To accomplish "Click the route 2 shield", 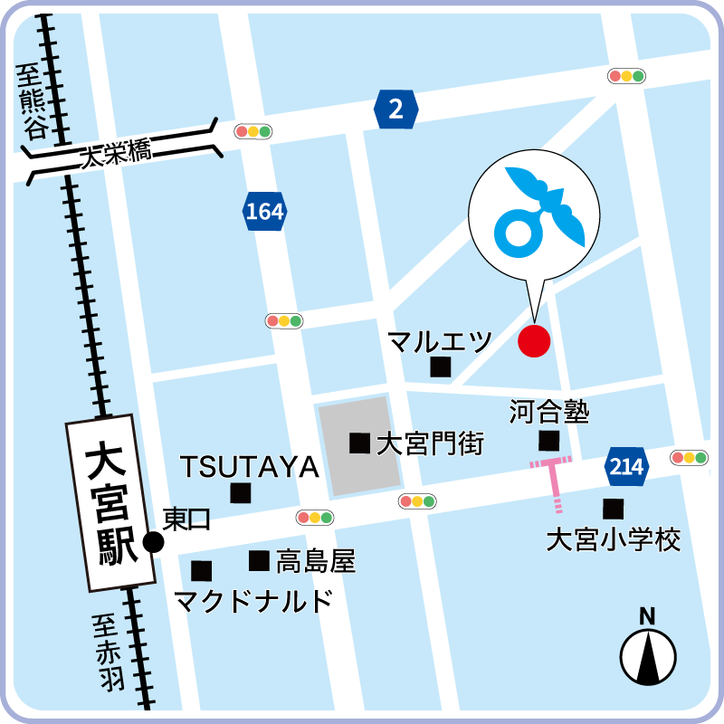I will [395, 110].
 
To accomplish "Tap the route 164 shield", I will [264, 212].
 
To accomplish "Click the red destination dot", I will [534, 341].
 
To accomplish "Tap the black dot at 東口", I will [154, 542].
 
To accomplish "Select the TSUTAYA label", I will [250, 467].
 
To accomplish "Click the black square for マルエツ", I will [441, 367].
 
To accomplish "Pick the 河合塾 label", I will [548, 414].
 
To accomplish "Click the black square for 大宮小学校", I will [614, 509].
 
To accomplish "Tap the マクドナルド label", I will [252, 600].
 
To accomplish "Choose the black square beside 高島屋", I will [260, 561].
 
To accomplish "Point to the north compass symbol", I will [648, 654].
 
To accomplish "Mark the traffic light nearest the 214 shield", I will [689, 458].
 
